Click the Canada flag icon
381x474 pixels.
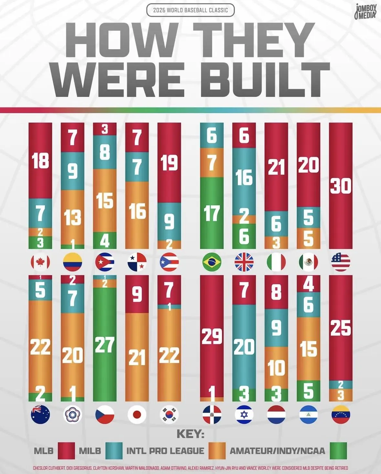[x=40, y=262]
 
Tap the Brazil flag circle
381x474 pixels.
[x=212, y=262]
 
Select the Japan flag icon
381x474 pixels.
[x=137, y=415]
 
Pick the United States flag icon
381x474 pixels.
[x=341, y=262]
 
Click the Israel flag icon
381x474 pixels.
[x=244, y=415]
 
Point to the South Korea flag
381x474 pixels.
[x=169, y=415]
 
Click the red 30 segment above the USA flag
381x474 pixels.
[x=341, y=186]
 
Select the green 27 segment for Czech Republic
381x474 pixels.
[x=105, y=345]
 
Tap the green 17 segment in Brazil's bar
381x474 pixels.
[x=212, y=213]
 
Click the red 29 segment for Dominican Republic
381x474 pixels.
[x=212, y=336]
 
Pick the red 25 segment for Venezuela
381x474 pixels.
[x=341, y=328]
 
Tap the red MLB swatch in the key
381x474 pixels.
[x=66, y=451]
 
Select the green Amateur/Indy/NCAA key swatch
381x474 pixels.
[x=338, y=451]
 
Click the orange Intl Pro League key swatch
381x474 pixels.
[x=217, y=451]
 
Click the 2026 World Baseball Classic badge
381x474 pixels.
[x=190, y=10]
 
